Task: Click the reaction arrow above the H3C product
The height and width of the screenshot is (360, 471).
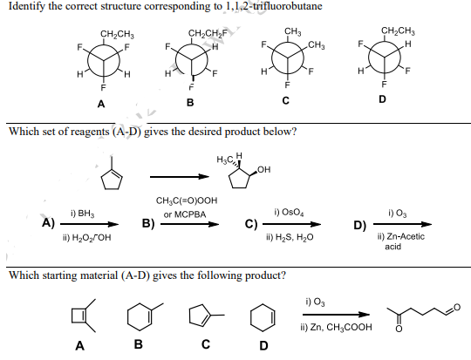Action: [181, 175]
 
